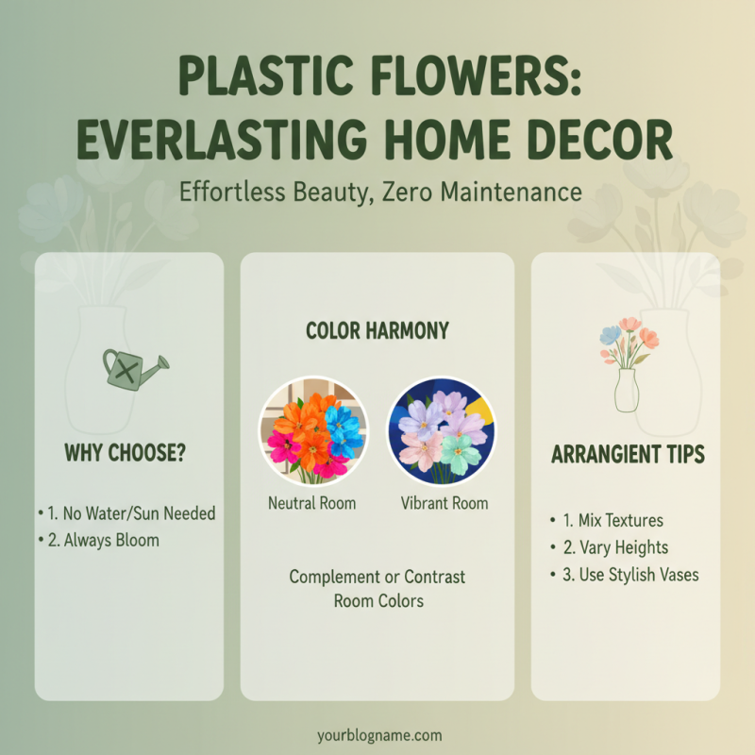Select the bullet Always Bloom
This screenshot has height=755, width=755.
102,541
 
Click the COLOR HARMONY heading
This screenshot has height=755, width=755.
377,330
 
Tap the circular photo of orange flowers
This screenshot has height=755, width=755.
312,431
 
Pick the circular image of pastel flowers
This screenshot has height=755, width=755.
442,431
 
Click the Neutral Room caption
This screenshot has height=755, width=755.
312,503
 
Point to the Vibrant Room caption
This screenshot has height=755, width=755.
443,503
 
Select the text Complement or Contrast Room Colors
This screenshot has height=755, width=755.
377,588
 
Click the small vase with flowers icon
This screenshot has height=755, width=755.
627,364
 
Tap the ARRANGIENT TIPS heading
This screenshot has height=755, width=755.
627,454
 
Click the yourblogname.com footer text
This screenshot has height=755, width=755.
377,734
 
